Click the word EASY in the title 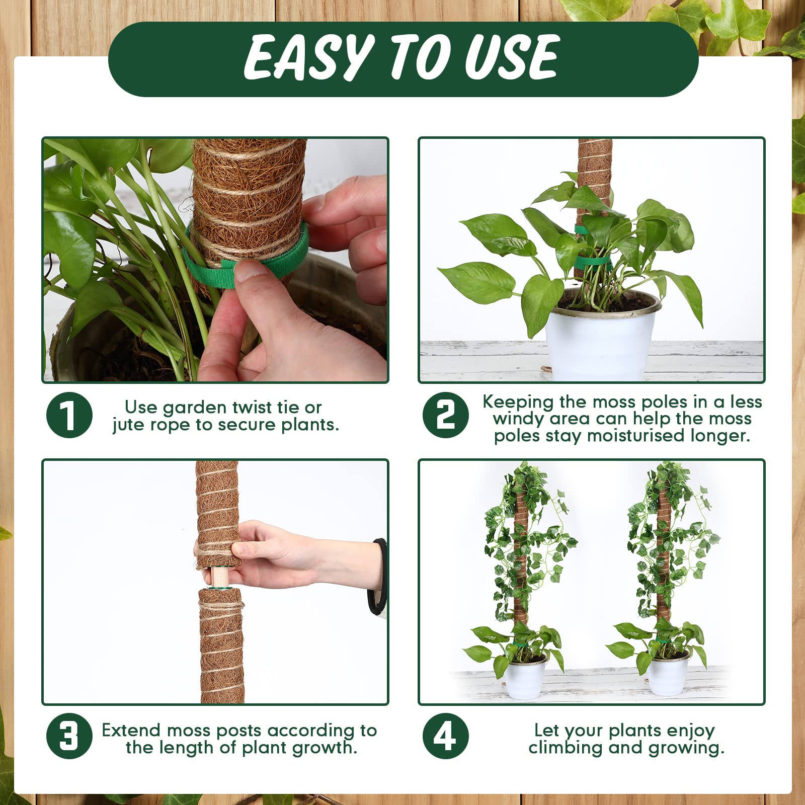[308, 57]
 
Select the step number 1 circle [69, 415]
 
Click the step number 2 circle [446, 415]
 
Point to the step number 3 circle [69, 736]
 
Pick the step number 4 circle [446, 736]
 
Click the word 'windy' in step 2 [518, 419]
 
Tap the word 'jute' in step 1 [128, 425]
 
